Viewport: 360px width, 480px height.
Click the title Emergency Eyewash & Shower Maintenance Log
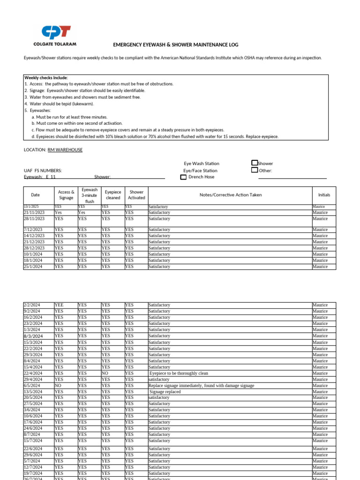coord(176,45)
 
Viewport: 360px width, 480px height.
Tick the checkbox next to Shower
coord(255,163)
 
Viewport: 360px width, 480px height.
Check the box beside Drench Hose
coord(183,177)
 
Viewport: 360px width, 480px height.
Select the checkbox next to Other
coord(255,170)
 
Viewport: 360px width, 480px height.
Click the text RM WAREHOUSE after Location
coord(65,150)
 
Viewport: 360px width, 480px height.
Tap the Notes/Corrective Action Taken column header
coord(230,195)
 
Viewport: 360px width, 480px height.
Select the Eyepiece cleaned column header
coord(112,195)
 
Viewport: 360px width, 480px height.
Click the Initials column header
coord(324,195)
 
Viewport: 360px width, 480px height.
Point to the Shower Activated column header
coord(136,195)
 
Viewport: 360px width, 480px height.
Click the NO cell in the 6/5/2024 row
coord(58,386)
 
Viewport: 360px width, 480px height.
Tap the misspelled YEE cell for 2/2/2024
coord(59,305)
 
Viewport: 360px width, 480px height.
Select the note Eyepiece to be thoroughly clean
coord(178,374)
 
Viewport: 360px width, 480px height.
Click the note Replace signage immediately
coord(201,386)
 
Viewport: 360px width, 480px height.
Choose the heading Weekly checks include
coord(46,77)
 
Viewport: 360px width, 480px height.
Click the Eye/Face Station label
coord(200,171)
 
